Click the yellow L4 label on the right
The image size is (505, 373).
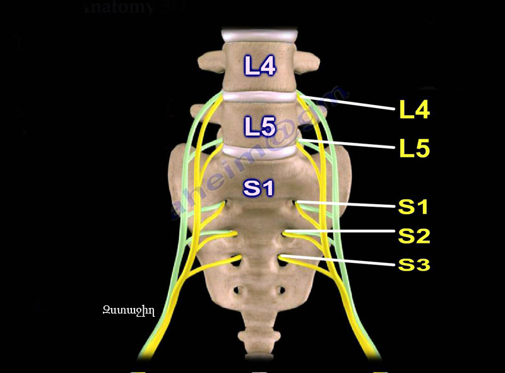point(414,110)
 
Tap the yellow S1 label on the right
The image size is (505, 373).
point(413,207)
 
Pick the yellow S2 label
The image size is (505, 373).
point(413,235)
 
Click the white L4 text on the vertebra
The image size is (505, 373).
point(260,66)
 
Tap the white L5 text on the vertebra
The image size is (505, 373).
point(260,127)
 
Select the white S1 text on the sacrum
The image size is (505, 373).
point(260,188)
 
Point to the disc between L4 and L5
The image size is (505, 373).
point(259,97)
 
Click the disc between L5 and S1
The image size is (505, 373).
point(259,152)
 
